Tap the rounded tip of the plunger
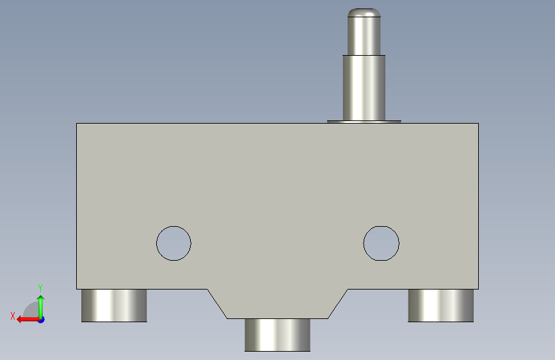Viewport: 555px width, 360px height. [x=364, y=12]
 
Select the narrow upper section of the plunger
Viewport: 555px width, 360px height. [x=364, y=36]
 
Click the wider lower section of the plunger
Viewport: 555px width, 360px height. [x=364, y=88]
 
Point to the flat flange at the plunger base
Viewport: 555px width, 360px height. [x=364, y=122]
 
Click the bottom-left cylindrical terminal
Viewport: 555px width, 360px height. [x=114, y=306]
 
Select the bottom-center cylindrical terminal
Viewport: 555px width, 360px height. [x=278, y=335]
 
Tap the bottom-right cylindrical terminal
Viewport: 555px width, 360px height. [x=440, y=306]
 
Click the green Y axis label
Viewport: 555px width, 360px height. [x=40, y=288]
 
